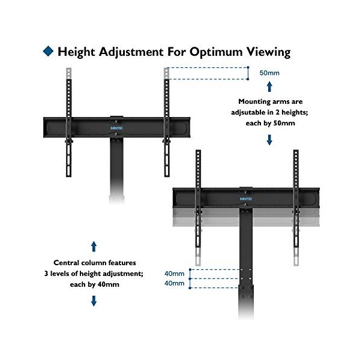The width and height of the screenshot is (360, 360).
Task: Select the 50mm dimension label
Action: point(269,73)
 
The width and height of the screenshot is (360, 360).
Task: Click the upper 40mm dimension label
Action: point(175,274)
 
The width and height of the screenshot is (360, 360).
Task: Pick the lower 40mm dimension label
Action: point(175,283)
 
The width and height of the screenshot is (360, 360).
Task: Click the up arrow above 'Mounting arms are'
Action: point(269,88)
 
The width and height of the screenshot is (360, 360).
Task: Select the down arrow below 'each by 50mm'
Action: point(269,140)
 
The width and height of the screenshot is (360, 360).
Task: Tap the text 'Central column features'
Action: point(94,263)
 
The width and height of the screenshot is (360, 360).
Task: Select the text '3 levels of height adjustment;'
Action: point(94,274)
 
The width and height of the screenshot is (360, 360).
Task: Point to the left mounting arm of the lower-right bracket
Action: point(198,204)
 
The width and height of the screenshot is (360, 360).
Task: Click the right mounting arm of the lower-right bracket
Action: point(296,204)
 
